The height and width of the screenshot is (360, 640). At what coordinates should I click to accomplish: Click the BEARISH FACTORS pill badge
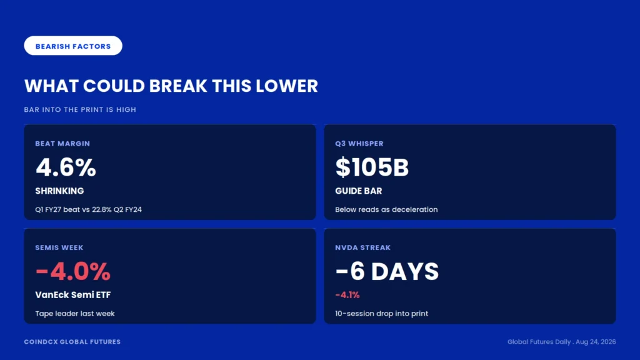pos(73,46)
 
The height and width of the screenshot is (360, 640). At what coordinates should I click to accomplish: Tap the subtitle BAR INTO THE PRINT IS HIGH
pos(80,110)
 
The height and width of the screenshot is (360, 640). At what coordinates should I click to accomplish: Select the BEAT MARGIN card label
pos(62,144)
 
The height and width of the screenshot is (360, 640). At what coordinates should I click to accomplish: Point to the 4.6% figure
pos(66,167)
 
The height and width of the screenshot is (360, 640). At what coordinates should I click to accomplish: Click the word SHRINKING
pos(59,191)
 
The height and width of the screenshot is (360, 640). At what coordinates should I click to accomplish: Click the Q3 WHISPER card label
pos(359,144)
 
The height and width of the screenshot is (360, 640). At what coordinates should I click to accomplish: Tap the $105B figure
pos(372,167)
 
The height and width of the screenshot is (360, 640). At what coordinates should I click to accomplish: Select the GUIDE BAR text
pos(358,191)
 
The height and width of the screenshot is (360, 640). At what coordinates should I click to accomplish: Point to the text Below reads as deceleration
pos(386,209)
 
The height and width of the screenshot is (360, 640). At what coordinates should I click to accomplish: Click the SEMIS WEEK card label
pos(59,247)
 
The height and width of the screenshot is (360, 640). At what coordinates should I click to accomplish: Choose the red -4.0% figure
pos(73,271)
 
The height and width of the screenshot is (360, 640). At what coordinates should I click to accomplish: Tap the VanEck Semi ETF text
pos(73,295)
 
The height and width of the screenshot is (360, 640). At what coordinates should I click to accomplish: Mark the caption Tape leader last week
pos(75,314)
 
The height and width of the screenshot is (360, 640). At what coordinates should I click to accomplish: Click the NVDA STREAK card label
pos(363,247)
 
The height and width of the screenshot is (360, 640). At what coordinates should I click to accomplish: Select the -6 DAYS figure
pos(387,271)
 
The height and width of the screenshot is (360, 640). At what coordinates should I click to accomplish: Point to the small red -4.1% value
pos(347,295)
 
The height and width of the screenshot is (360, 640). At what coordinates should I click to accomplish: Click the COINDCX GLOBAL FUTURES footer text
pos(72,342)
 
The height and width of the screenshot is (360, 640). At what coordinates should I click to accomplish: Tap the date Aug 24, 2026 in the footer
pos(596,342)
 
